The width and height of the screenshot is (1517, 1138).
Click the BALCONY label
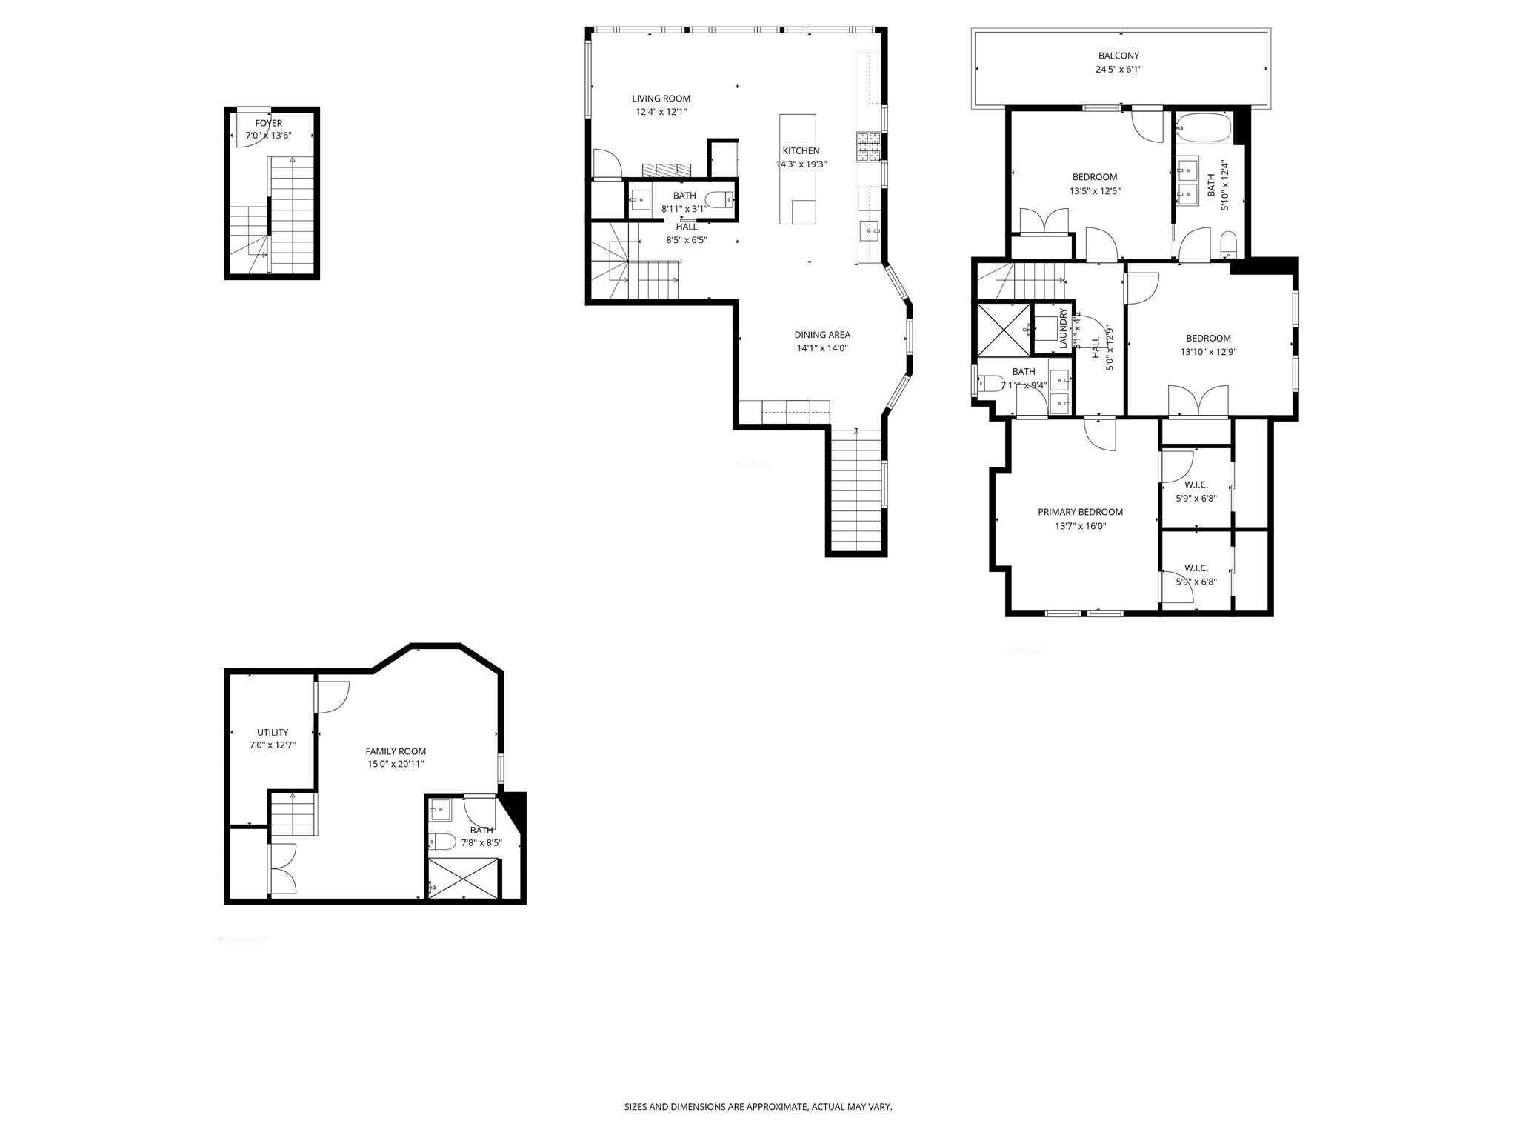pyautogui.click(x=1118, y=56)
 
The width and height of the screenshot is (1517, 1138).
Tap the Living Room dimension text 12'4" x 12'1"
pyautogui.click(x=661, y=113)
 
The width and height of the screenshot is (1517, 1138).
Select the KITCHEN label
pyautogui.click(x=801, y=151)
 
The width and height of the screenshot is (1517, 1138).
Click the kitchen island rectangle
pyautogui.click(x=797, y=169)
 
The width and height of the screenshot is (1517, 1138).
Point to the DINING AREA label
pyautogui.click(x=822, y=335)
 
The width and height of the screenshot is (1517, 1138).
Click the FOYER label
pyautogui.click(x=268, y=124)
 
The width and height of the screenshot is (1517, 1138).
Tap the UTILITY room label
pyautogui.click(x=273, y=732)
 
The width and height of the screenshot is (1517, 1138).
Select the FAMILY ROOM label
pyautogui.click(x=396, y=751)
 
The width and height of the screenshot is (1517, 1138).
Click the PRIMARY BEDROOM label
pyautogui.click(x=1080, y=512)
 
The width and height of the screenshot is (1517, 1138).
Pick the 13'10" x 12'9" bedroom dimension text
pyautogui.click(x=1208, y=353)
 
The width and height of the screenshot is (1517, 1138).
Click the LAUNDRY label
pyautogui.click(x=1063, y=328)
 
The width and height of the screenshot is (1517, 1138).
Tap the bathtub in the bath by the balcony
pyautogui.click(x=1203, y=127)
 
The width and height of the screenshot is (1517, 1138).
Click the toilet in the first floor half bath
pyautogui.click(x=719, y=199)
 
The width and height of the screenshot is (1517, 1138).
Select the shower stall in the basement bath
pyautogui.click(x=464, y=879)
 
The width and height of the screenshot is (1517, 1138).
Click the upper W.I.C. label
pyautogui.click(x=1196, y=485)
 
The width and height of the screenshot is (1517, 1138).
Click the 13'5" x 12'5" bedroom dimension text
pyautogui.click(x=1094, y=191)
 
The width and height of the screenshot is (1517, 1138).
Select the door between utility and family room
pyautogui.click(x=331, y=696)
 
